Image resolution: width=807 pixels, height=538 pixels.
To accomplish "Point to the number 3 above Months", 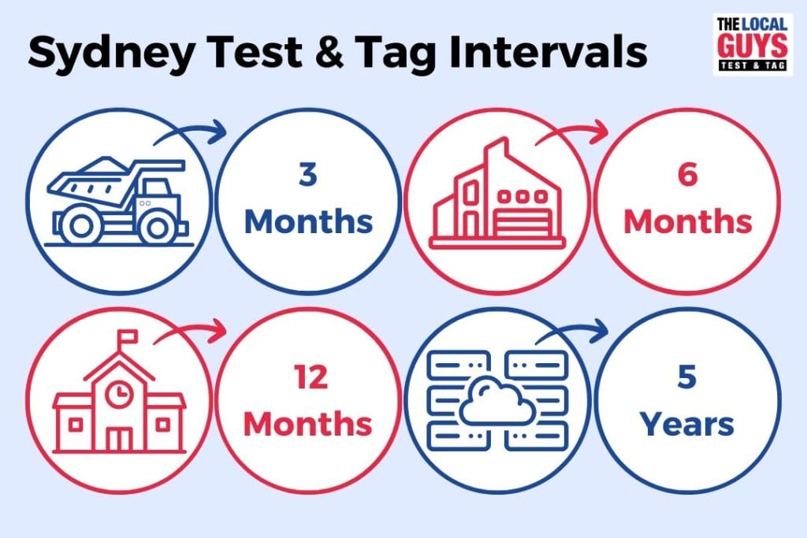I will [x=307, y=176].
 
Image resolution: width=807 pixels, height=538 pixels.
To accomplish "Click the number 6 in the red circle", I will [x=687, y=176].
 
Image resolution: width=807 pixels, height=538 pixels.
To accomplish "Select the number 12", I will [x=307, y=378].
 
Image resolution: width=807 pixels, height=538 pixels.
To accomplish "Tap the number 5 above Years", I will [x=687, y=378].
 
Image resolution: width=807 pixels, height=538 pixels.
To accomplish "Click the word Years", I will [x=687, y=425].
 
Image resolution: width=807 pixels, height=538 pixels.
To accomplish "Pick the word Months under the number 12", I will [x=307, y=425].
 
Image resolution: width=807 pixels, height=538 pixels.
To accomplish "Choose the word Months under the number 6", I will [x=687, y=222].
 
